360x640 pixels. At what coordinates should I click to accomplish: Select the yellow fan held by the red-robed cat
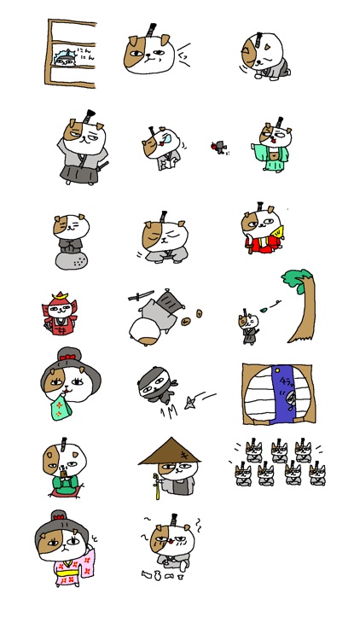pos(276,230)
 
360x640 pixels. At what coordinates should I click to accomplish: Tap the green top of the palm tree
pos(294,281)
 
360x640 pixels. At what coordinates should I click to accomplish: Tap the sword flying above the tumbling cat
pos(141,297)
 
